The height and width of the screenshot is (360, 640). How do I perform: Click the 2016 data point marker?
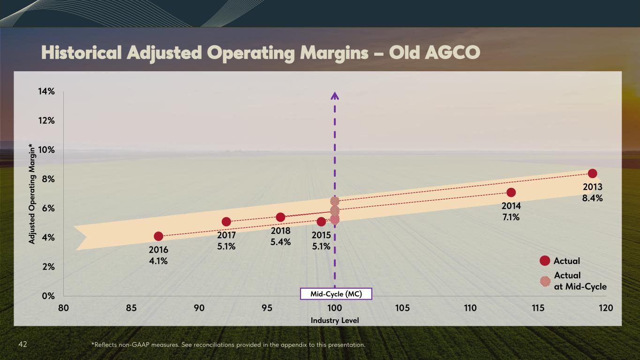click(x=158, y=236)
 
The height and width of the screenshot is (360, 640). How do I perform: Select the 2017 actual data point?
click(x=226, y=222)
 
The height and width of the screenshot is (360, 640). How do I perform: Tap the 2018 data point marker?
click(x=280, y=217)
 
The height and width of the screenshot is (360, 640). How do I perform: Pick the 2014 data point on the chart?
click(x=511, y=192)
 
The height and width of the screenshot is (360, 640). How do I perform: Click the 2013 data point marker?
click(x=592, y=173)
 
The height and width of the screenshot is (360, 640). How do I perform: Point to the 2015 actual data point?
click(x=321, y=222)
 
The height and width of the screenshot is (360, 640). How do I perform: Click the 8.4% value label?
click(x=593, y=198)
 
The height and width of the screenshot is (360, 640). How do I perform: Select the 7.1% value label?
click(x=511, y=217)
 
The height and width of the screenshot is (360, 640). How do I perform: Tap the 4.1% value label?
click(x=158, y=261)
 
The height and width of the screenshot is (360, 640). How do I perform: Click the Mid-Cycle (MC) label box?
click(x=336, y=294)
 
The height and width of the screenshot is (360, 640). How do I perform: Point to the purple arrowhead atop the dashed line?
click(x=335, y=96)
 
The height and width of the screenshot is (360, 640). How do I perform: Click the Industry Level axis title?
click(x=335, y=320)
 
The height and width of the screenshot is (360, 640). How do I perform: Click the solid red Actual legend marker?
click(x=545, y=261)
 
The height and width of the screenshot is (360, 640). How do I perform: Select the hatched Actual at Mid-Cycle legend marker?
click(x=545, y=281)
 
